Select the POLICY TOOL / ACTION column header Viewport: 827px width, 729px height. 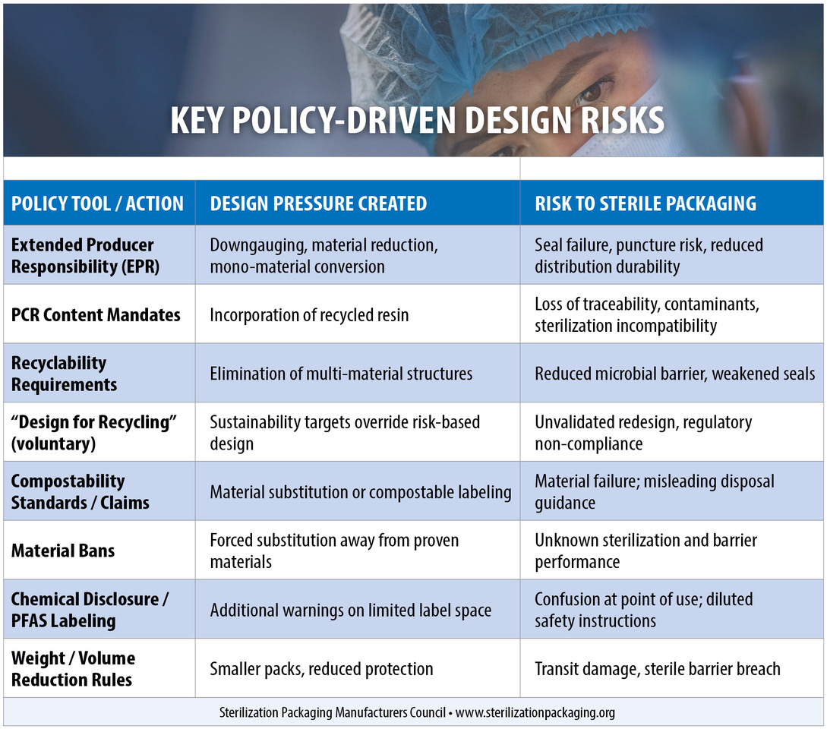click(x=97, y=204)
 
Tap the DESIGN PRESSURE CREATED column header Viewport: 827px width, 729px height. click(x=318, y=204)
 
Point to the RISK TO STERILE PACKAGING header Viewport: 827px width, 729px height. click(x=646, y=204)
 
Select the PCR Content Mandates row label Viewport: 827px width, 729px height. click(x=96, y=314)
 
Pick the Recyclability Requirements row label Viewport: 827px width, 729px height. click(x=65, y=374)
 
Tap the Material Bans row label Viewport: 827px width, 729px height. click(x=63, y=551)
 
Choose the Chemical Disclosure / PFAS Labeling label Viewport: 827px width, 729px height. click(x=90, y=609)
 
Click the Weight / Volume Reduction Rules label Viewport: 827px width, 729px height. click(x=73, y=668)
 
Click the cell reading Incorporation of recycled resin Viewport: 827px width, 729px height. click(x=309, y=314)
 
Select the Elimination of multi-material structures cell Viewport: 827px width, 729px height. click(x=341, y=374)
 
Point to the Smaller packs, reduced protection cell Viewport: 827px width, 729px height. click(x=321, y=669)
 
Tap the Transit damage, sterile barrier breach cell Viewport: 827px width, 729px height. click(x=657, y=669)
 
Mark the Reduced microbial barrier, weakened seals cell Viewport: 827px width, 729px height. click(x=674, y=374)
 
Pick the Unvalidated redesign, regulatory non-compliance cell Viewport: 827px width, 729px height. click(x=643, y=433)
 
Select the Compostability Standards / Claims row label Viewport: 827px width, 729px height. click(x=80, y=491)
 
